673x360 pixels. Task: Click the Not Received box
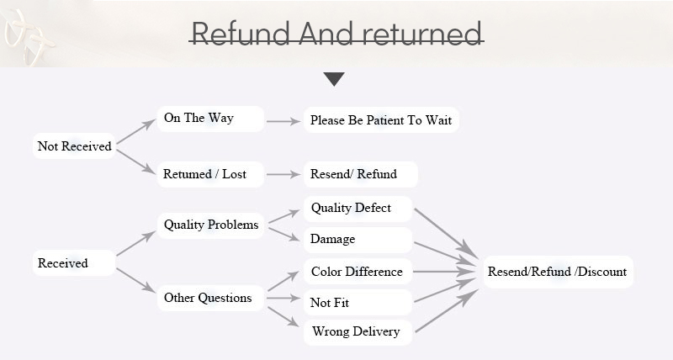(74, 146)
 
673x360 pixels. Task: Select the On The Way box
(209, 119)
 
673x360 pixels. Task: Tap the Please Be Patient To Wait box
(381, 120)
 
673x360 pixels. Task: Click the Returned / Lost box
(209, 174)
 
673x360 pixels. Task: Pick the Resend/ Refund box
(359, 174)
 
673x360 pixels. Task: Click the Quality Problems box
(211, 225)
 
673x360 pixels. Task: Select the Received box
(74, 263)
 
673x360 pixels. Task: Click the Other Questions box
(211, 298)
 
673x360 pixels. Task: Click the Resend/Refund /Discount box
(557, 272)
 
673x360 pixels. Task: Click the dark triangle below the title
(334, 79)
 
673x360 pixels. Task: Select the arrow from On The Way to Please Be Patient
(284, 121)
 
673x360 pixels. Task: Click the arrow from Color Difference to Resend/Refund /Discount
(444, 272)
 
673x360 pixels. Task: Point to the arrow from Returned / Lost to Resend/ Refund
(284, 175)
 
